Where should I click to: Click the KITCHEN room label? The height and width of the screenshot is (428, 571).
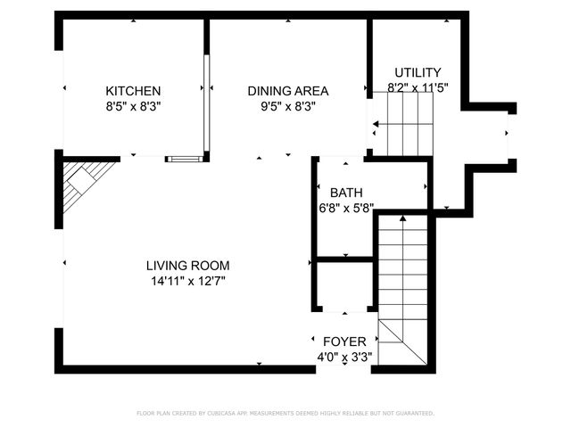coord(133,91)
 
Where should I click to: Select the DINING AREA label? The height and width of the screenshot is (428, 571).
coord(287,91)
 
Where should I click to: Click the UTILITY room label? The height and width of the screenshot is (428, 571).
coord(418,72)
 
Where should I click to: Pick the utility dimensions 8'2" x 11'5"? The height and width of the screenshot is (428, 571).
coord(418,87)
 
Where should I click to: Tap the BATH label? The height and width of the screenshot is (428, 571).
coord(346,193)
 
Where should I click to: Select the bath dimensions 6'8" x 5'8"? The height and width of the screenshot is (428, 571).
coord(346,208)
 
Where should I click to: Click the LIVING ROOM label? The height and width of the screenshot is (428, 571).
coord(187,266)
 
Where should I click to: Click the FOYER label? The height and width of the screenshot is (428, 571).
coord(343,342)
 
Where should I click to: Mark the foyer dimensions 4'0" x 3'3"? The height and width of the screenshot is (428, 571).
coord(343,357)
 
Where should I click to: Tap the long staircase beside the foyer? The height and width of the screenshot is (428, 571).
coord(403,267)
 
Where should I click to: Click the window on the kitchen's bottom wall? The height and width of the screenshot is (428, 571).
coord(185,159)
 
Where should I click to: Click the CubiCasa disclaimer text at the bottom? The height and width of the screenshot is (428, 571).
coord(285,414)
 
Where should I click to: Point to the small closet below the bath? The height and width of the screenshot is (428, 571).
coord(344,285)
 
